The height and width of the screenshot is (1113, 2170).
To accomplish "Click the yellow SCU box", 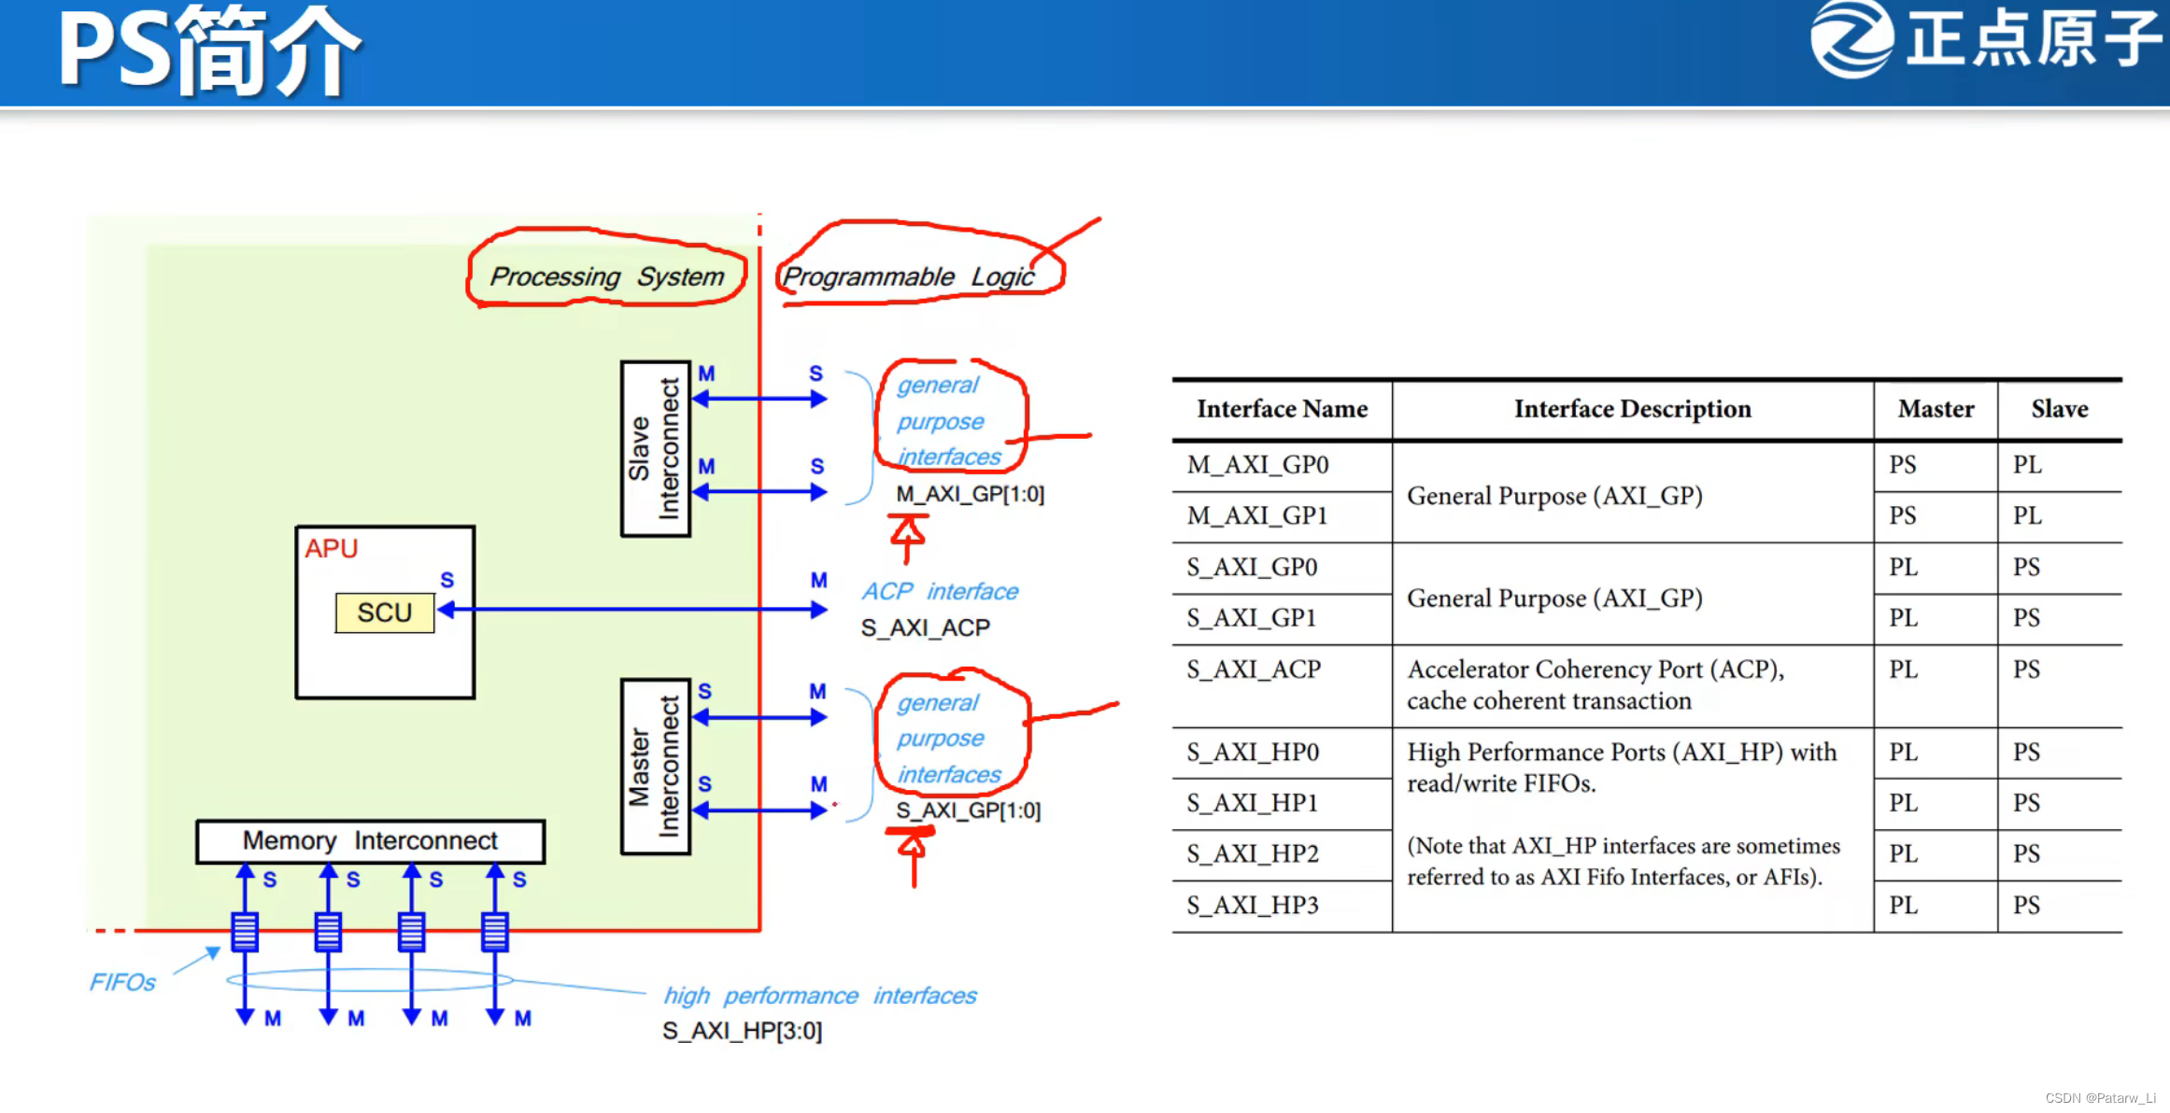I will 384,613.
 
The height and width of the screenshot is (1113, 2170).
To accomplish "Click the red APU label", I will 331,548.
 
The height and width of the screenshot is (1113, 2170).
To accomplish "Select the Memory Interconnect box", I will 370,841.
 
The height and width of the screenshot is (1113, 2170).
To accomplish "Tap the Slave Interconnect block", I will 655,449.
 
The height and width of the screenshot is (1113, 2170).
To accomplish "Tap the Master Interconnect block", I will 655,767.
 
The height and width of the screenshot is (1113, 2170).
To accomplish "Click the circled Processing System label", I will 606,276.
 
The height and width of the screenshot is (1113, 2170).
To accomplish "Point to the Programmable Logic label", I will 908,276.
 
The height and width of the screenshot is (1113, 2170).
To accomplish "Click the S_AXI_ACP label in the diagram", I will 925,627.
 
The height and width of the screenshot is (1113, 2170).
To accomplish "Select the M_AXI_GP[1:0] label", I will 970,494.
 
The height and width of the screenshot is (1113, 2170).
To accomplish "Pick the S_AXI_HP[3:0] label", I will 742,1031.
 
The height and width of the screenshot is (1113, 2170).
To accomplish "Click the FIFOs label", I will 122,982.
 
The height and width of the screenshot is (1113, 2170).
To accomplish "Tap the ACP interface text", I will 939,591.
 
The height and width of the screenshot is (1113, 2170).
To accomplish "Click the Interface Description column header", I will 1632,409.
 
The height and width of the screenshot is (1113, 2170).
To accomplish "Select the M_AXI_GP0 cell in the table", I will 1257,465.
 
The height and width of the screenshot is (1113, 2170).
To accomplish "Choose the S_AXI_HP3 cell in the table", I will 1253,905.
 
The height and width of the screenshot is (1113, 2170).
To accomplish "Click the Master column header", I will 1936,409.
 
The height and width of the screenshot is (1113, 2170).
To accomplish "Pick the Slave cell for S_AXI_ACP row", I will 2026,669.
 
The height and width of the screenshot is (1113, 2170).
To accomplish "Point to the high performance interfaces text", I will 819,995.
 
